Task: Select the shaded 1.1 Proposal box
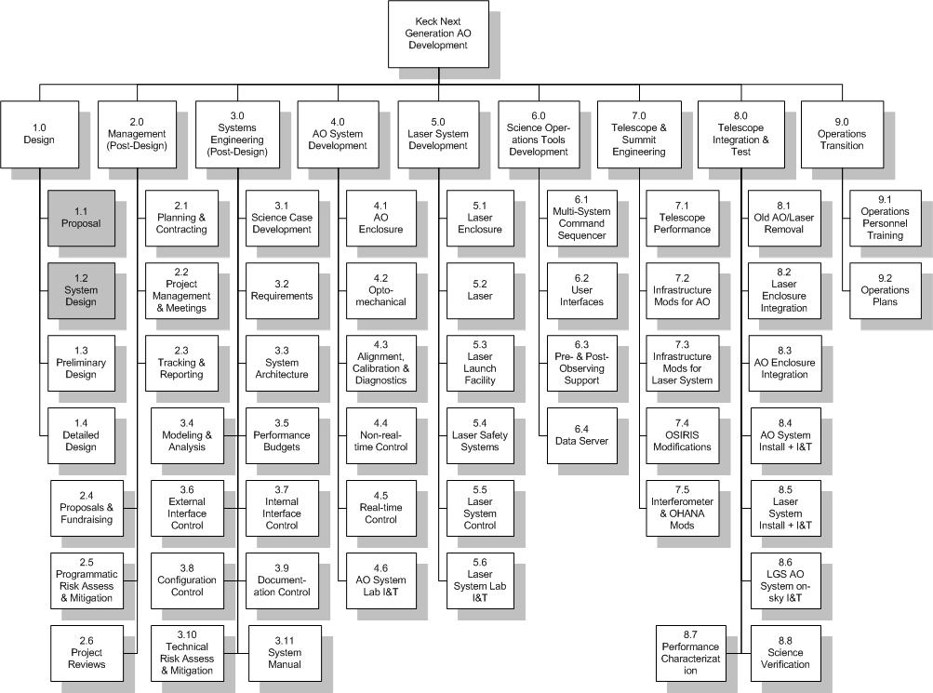[x=82, y=218]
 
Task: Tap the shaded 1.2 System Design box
[x=82, y=290]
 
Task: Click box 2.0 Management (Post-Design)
[x=137, y=134]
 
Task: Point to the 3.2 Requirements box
[x=282, y=290]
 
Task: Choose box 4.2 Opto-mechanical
[x=380, y=290]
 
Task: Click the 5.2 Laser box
[x=480, y=290]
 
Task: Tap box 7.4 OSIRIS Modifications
[x=681, y=434]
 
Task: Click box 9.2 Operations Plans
[x=884, y=290]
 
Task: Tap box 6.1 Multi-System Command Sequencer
[x=580, y=218]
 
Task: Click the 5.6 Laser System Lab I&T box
[x=480, y=580]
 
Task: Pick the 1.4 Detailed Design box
[x=82, y=434]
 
